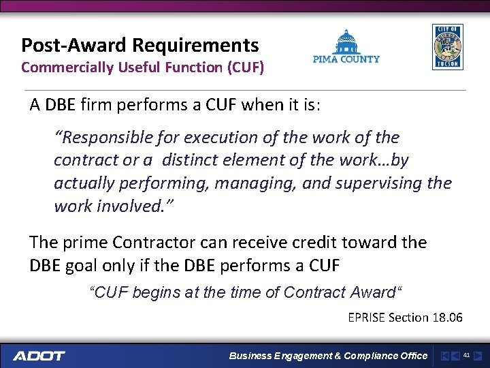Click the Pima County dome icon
tap(346, 42)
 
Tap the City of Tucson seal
tap(447, 47)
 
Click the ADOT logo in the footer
tap(39, 356)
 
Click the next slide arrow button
tap(478, 356)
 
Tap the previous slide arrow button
tap(455, 356)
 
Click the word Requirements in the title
tap(196, 46)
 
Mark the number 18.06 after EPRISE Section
tap(447, 317)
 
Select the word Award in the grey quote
tap(373, 293)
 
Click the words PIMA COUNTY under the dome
tap(346, 59)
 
